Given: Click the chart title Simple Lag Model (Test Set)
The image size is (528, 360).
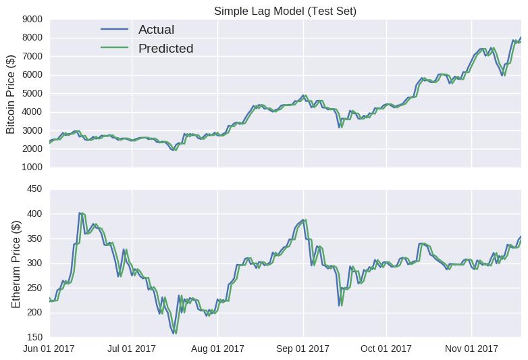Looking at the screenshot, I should [x=285, y=11].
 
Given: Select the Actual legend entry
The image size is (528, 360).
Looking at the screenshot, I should [x=156, y=30].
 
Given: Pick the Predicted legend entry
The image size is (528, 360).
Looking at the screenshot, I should [x=165, y=49].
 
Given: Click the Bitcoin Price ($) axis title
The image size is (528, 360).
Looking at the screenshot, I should [x=10, y=93].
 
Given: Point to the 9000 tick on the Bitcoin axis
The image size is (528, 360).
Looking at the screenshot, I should [x=33, y=20].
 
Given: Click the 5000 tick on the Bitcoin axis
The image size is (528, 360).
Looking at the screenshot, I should [x=33, y=93].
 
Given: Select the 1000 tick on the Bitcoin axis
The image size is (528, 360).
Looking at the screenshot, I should [x=33, y=167].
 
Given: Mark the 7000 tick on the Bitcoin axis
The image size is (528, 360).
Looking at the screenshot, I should [x=33, y=57].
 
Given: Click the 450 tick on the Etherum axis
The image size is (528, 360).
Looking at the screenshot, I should [x=36, y=189].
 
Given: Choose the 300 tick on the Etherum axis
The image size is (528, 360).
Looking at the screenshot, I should [x=36, y=263].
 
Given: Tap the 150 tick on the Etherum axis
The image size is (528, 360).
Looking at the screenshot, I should [x=36, y=336].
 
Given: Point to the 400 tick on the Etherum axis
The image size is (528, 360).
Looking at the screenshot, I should [x=36, y=214].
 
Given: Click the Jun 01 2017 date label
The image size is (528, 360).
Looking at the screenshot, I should [x=50, y=349].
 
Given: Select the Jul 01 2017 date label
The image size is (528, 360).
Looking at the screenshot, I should [x=132, y=349].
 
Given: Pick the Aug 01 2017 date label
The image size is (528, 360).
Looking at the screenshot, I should [x=217, y=349].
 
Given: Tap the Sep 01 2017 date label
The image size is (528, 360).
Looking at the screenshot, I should [x=303, y=349].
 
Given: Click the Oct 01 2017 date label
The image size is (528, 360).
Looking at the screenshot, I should [x=386, y=349].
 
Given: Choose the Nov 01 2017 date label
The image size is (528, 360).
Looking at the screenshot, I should [x=472, y=349].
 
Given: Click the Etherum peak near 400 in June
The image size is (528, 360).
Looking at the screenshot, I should [x=80, y=213].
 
